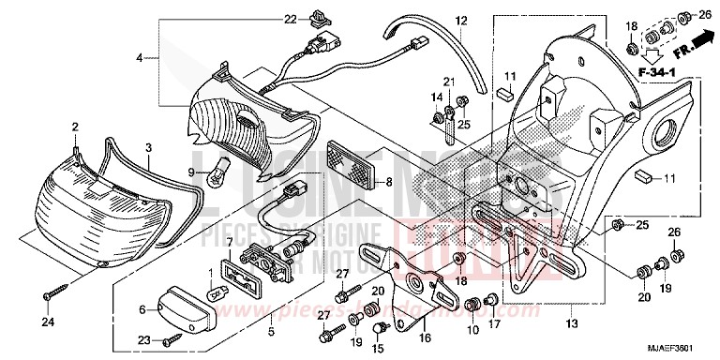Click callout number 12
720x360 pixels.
coord(461,21)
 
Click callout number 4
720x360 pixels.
coord(139,58)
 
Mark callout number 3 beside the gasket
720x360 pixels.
coord(147,148)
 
